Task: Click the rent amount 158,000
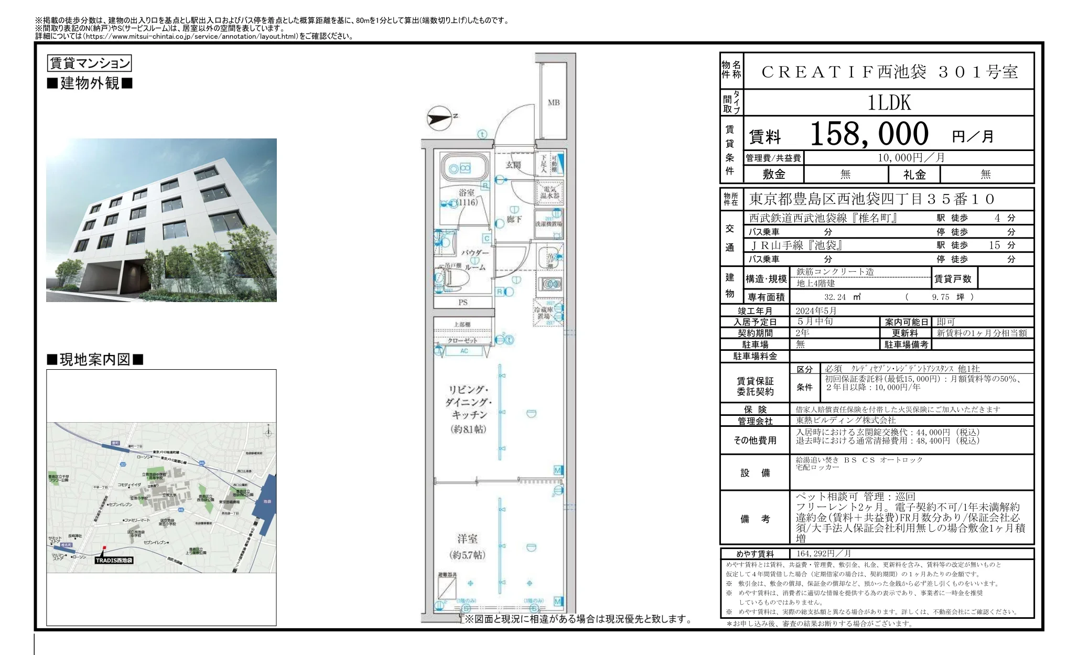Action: point(869,134)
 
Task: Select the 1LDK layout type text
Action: point(889,102)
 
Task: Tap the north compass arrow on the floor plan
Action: point(439,118)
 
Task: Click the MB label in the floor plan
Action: point(554,103)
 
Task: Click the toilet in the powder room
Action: point(448,279)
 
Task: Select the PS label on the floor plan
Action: point(463,302)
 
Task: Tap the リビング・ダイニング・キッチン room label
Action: point(468,409)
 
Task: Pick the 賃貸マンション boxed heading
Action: point(89,63)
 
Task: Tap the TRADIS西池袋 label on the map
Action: point(114,560)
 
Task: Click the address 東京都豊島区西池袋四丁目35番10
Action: point(871,199)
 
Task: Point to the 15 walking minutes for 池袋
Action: point(994,245)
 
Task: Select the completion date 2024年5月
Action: point(816,310)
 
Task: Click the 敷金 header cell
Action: point(774,174)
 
